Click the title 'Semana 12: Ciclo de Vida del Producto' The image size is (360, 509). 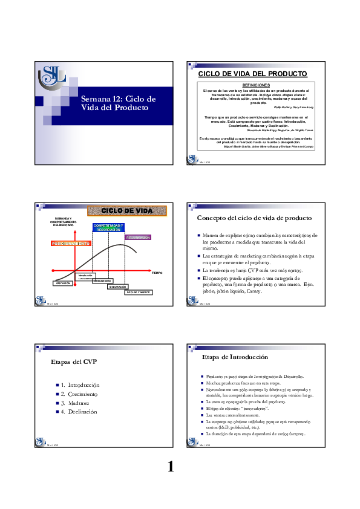119,103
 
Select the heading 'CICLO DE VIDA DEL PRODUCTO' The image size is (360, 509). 253,74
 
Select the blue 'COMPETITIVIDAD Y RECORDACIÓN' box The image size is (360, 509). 109,228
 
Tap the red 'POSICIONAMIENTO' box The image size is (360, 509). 71,243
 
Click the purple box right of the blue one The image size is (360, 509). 137,238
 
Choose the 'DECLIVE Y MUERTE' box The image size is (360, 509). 139,293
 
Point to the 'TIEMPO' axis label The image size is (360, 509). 157,273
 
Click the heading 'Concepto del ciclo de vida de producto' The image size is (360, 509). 255,218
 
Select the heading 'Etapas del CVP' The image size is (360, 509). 74,362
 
